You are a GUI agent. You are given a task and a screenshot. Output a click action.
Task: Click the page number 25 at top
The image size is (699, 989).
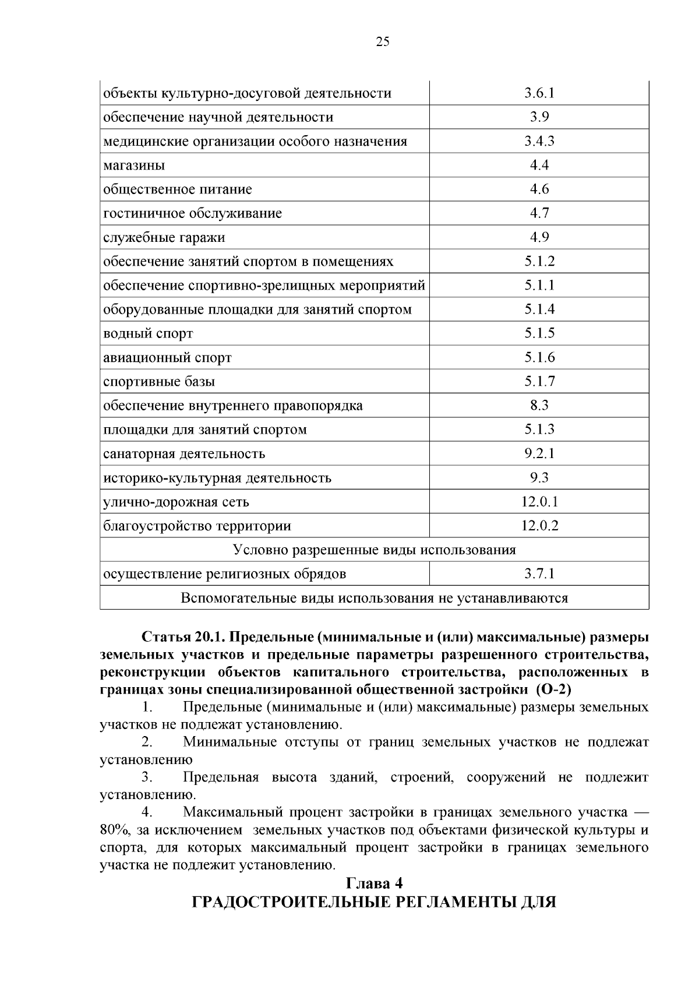coord(383,41)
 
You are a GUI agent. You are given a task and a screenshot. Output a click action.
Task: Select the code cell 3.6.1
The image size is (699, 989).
coord(539,93)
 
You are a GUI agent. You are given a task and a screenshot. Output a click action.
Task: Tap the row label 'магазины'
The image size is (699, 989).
coord(134,166)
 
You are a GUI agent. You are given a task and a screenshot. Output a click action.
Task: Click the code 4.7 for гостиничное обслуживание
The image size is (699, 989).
coord(539,213)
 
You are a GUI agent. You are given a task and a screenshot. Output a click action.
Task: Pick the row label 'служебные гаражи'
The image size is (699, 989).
coord(164,238)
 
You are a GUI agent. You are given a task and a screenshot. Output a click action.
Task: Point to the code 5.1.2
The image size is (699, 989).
coord(539,262)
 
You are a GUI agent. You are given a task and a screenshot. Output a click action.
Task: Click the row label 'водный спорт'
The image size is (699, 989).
coord(148,334)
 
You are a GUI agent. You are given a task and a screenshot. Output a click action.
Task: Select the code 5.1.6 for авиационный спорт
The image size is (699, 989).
coord(539,358)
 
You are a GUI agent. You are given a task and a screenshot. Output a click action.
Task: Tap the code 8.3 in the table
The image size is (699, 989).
coord(539,406)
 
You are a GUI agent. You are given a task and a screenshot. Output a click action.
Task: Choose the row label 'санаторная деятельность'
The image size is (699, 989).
coord(184,454)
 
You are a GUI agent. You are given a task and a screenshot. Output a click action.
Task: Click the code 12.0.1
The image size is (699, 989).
coord(539,502)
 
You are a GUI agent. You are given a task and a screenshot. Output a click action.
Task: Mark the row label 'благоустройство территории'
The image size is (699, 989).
coord(197,526)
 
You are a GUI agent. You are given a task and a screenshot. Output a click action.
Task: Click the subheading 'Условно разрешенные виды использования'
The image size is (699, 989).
coord(374,550)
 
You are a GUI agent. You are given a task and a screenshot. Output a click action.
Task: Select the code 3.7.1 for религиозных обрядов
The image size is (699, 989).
coord(539,574)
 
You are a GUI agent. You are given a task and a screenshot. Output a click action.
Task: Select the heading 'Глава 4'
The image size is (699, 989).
coord(374,884)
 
